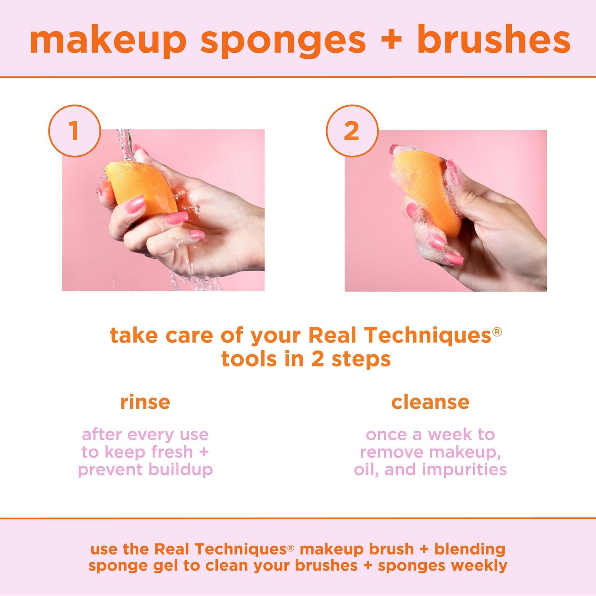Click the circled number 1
pyautogui.click(x=74, y=131)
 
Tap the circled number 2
pyautogui.click(x=351, y=131)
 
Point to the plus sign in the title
pyautogui.click(x=391, y=40)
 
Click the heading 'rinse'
pyautogui.click(x=145, y=402)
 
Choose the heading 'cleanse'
pyautogui.click(x=430, y=402)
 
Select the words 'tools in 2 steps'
pyautogui.click(x=306, y=359)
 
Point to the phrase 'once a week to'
pyautogui.click(x=430, y=435)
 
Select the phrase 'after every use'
pyautogui.click(x=145, y=435)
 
